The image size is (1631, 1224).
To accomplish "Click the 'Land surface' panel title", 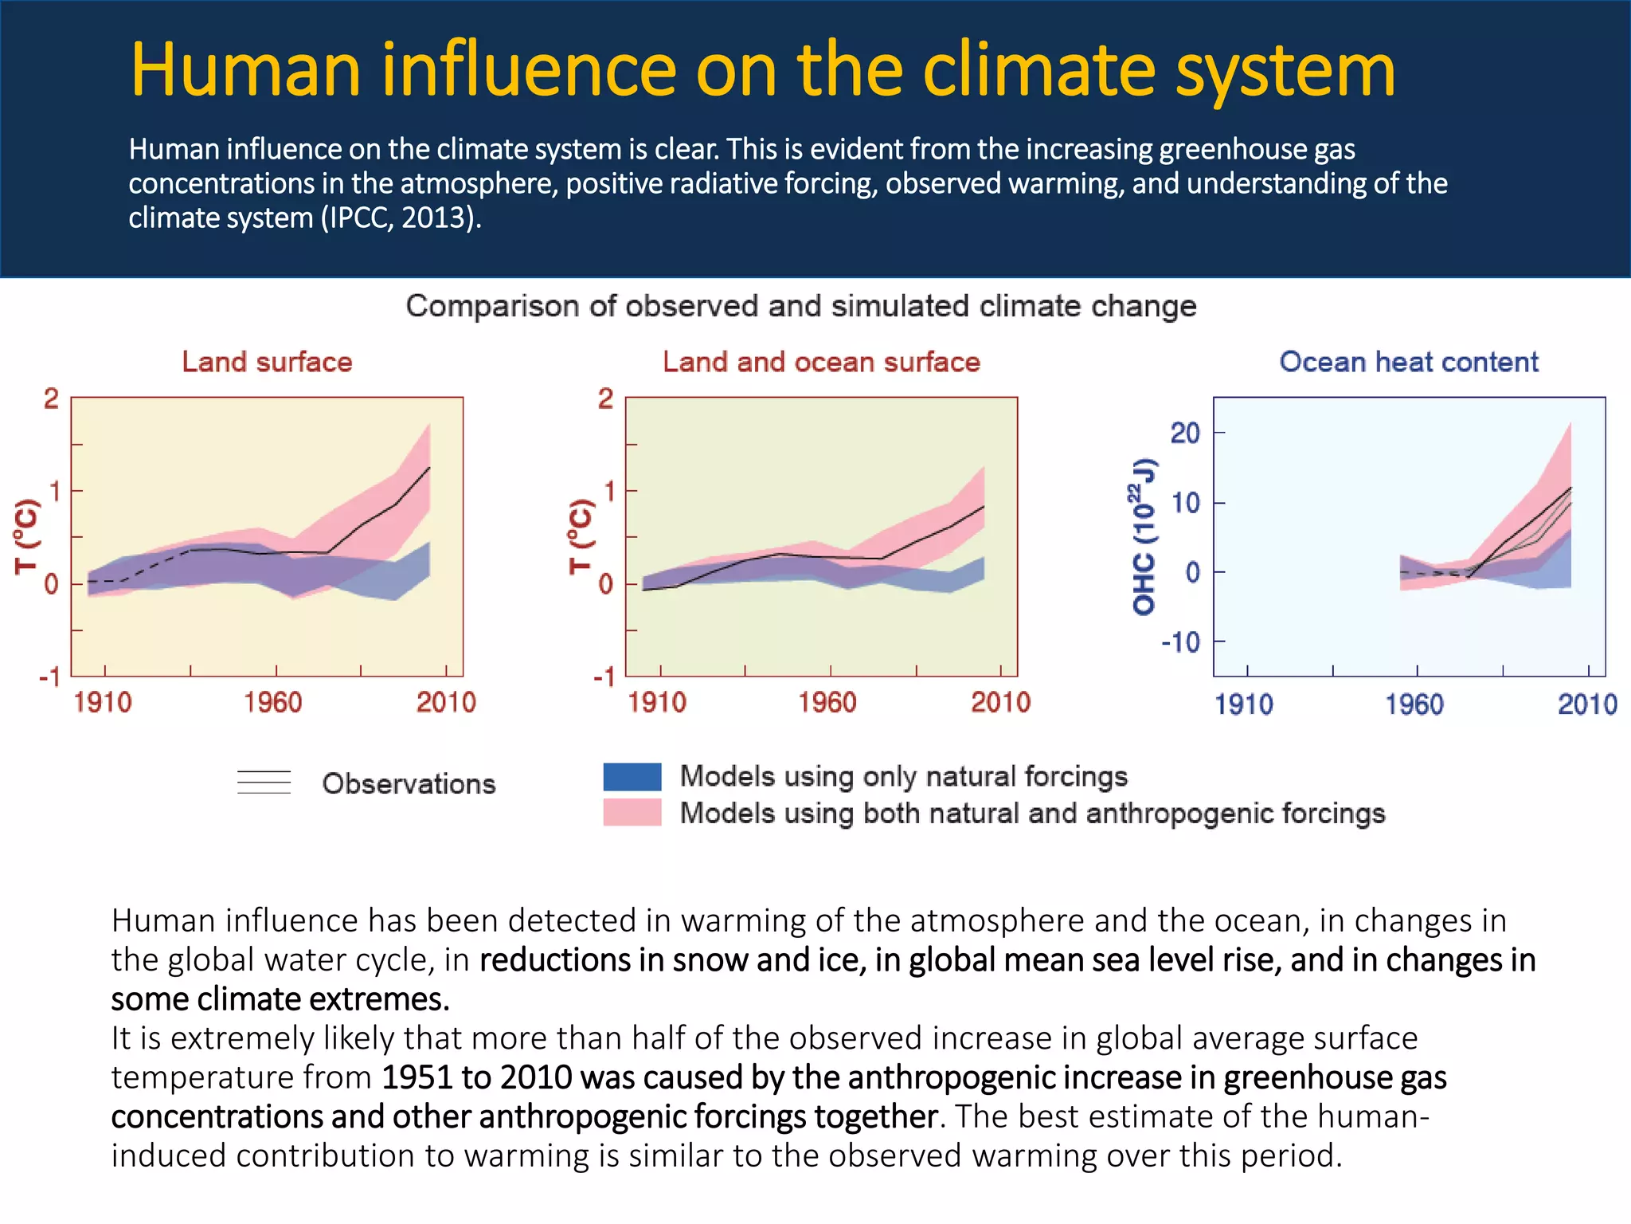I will [267, 363].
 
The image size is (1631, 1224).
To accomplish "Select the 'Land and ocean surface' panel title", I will [821, 363].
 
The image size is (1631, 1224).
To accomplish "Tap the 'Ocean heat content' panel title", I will [1409, 363].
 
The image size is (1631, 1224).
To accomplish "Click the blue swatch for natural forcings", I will [632, 776].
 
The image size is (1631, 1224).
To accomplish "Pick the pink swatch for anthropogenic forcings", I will [632, 813].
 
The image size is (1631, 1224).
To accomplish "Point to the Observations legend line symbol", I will [264, 783].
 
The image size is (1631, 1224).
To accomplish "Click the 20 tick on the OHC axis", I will [1185, 433].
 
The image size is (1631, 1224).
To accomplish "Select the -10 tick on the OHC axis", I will [1181, 642].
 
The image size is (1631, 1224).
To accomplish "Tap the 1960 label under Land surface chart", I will [273, 703].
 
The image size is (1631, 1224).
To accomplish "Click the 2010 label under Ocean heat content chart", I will [1587, 705].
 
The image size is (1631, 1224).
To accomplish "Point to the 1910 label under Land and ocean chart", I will [657, 703].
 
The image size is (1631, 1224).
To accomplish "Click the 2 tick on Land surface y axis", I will [51, 398].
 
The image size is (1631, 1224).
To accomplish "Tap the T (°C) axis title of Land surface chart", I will [26, 536].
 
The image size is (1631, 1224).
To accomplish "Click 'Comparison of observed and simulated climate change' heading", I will [800, 307].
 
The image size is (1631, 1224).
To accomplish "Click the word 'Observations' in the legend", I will [409, 784].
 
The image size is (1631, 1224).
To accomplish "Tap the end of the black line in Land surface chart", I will [430, 467].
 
